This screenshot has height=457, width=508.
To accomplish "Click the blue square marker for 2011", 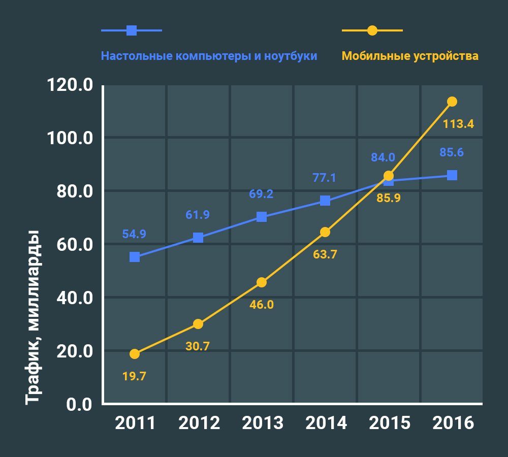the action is click(135, 257).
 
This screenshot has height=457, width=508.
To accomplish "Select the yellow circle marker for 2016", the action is click(452, 102).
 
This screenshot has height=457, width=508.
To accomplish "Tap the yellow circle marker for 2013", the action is click(262, 282).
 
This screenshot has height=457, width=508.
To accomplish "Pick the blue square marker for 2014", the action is click(325, 201).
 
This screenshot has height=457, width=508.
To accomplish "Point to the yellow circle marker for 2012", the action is click(198, 324).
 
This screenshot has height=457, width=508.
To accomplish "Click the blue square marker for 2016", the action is click(452, 175).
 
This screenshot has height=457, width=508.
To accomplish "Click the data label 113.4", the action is click(458, 124).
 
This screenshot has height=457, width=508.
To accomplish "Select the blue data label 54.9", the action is click(134, 234).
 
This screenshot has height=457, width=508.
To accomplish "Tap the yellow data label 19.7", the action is click(134, 376).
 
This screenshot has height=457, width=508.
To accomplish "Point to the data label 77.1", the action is click(324, 178).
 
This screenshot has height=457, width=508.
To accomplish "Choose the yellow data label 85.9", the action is click(389, 198).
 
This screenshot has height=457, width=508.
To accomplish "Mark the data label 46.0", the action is click(262, 305).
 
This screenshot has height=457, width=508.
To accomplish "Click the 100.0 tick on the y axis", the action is click(70, 138).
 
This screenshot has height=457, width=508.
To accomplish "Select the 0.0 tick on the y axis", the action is click(79, 405).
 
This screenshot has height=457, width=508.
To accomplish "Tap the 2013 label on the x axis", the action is click(263, 423).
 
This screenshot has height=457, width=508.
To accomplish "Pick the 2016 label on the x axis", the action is click(453, 423).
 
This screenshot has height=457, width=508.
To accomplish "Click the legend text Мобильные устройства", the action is click(410, 56).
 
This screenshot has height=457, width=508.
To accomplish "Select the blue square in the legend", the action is click(132, 30).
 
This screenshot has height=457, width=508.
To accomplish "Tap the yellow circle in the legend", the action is click(372, 30).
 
